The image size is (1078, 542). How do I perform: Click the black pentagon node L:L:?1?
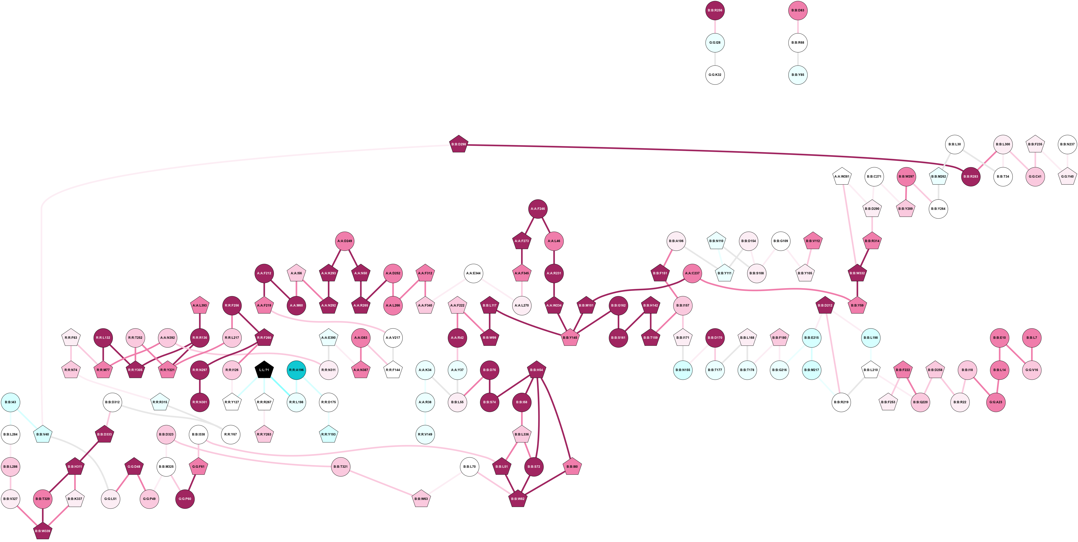264,370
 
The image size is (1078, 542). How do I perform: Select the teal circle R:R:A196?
296,370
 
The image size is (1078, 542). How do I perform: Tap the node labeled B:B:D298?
459,144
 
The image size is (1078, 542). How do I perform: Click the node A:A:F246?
538,209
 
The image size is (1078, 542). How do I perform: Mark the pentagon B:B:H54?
537,370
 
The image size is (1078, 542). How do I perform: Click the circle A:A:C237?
692,273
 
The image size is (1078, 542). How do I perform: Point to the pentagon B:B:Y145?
570,338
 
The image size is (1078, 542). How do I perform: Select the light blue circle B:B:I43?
10,402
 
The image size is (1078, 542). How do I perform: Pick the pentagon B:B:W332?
857,273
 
